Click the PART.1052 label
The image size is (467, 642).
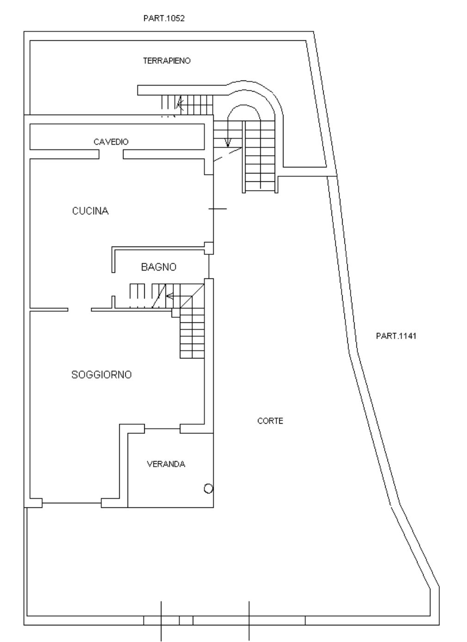(x=165, y=19)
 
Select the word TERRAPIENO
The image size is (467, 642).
(x=166, y=61)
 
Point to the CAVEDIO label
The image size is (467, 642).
(x=111, y=142)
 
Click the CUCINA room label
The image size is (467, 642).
(x=90, y=211)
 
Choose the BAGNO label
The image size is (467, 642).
(x=159, y=267)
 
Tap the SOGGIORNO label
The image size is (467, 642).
(x=101, y=375)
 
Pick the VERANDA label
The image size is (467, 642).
(x=166, y=464)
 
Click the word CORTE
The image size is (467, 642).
(x=270, y=421)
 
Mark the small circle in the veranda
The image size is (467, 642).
(x=208, y=488)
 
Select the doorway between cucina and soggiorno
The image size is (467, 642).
(x=80, y=309)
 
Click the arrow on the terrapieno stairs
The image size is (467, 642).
(x=180, y=105)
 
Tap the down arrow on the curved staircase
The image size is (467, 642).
(x=227, y=142)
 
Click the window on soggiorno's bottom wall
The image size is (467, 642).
(x=72, y=503)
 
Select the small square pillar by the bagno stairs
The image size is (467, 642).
(x=175, y=313)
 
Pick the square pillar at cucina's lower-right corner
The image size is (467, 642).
(x=209, y=248)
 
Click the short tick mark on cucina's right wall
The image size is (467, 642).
(x=217, y=209)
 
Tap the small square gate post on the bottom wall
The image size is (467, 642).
(x=186, y=620)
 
